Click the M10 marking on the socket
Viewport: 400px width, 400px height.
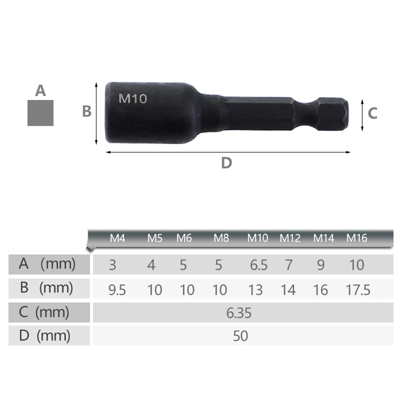pyautogui.click(x=133, y=99)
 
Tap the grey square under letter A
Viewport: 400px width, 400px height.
pyautogui.click(x=40, y=113)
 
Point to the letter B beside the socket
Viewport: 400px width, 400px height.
pyautogui.click(x=87, y=111)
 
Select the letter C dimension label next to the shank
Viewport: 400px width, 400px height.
pyautogui.click(x=372, y=113)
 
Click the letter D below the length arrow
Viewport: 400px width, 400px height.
pyautogui.click(x=227, y=163)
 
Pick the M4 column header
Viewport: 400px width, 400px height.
pyautogui.click(x=117, y=239)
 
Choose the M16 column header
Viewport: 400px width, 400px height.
pyautogui.click(x=356, y=239)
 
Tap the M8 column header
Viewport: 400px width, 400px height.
pyautogui.click(x=221, y=239)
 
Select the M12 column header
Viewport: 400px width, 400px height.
pyautogui.click(x=290, y=239)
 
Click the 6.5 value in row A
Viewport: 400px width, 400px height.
pyautogui.click(x=259, y=265)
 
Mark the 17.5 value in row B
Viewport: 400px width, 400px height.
pyautogui.click(x=358, y=290)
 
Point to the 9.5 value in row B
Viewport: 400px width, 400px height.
pyautogui.click(x=117, y=290)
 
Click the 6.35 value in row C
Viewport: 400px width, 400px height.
pyautogui.click(x=239, y=313)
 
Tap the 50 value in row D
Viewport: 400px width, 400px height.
pyautogui.click(x=241, y=336)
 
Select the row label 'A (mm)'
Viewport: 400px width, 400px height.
pyautogui.click(x=47, y=264)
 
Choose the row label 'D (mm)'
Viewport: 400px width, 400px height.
pyautogui.click(x=44, y=336)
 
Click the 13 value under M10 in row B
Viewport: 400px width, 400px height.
pyautogui.click(x=255, y=290)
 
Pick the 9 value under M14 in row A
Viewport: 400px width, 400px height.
pyautogui.click(x=321, y=265)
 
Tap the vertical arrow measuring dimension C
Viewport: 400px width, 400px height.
pyautogui.click(x=362, y=115)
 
